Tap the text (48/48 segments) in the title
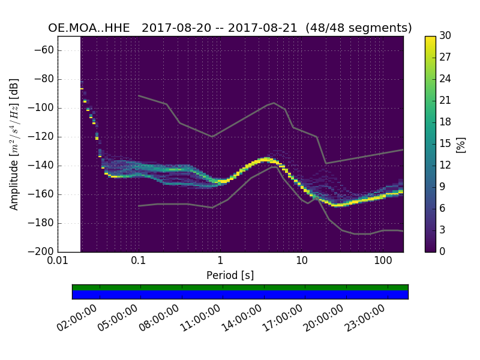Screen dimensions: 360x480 (358, 28)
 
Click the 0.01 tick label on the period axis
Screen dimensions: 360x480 (58, 262)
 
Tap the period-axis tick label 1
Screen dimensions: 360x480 (220, 262)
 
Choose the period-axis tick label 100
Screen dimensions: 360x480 (383, 262)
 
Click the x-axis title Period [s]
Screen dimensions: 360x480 (230, 275)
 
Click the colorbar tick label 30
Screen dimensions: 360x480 (446, 37)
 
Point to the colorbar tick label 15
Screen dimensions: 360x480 (446, 144)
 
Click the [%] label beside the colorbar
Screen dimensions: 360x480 (461, 144)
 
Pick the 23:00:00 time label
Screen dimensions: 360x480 (366, 319)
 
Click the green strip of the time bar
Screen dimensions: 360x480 (240, 287)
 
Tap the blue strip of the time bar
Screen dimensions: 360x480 (240, 295)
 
